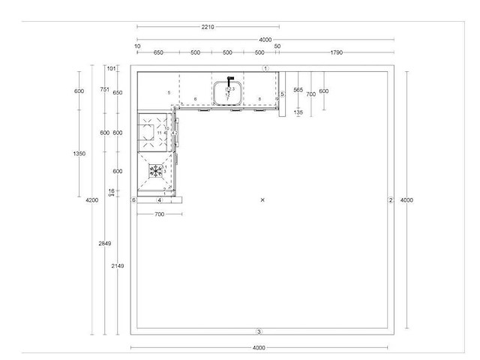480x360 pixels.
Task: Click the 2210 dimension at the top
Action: pyautogui.click(x=208, y=26)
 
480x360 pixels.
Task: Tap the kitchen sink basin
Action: pyautogui.click(x=227, y=94)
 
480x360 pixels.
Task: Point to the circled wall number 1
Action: pyautogui.click(x=265, y=68)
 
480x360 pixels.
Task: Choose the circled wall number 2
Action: pyautogui.click(x=390, y=200)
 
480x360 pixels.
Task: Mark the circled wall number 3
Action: pyautogui.click(x=259, y=331)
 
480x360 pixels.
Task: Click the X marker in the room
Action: pyautogui.click(x=262, y=199)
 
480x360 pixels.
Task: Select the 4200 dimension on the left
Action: pyautogui.click(x=91, y=200)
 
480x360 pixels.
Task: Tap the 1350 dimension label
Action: pyautogui.click(x=79, y=154)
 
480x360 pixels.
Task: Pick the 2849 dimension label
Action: pyautogui.click(x=105, y=244)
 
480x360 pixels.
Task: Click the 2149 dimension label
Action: pyautogui.click(x=118, y=266)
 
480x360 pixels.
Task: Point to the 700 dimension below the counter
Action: pyautogui.click(x=159, y=214)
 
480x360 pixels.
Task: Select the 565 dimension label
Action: pyautogui.click(x=298, y=90)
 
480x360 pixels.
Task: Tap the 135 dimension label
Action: pyautogui.click(x=298, y=112)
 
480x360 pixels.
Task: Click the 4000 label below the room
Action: pyautogui.click(x=259, y=348)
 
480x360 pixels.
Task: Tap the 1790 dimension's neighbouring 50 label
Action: pyautogui.click(x=277, y=46)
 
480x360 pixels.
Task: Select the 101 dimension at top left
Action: pyautogui.click(x=112, y=68)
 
